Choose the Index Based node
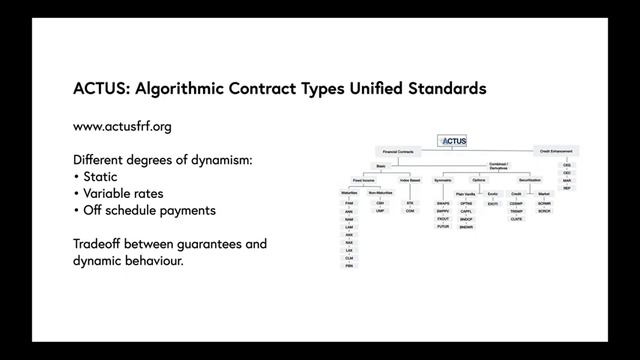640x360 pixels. pyautogui.click(x=410, y=180)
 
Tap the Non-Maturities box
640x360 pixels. pyautogui.click(x=381, y=193)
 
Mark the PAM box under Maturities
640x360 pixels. pyautogui.click(x=350, y=203)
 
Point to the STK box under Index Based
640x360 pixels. pyautogui.click(x=410, y=203)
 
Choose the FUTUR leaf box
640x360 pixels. pyautogui.click(x=443, y=227)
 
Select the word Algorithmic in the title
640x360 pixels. pyautogui.click(x=187, y=88)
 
